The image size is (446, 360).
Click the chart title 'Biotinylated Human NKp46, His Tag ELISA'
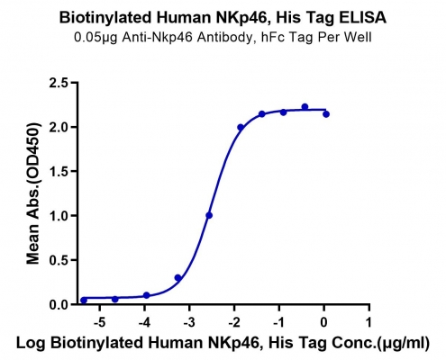(223, 18)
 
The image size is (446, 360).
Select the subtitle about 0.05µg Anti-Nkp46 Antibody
(223, 38)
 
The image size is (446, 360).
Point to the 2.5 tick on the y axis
(59, 83)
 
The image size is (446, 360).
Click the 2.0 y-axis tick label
(59, 127)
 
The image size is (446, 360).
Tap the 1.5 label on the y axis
(59, 171)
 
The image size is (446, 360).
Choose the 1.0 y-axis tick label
(59, 216)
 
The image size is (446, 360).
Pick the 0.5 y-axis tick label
(59, 260)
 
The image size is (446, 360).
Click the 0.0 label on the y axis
(59, 304)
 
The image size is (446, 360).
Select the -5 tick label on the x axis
(99, 322)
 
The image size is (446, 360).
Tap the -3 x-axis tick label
(189, 322)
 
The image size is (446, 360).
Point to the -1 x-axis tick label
(278, 322)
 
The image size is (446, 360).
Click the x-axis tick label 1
(369, 322)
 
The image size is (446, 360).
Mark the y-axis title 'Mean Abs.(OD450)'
(33, 193)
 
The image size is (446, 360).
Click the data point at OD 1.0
(209, 215)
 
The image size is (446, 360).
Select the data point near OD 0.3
(177, 278)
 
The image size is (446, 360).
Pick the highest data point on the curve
(305, 107)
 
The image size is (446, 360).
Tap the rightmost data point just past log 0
(326, 114)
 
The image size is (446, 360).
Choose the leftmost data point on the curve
(84, 301)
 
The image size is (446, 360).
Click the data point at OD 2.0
(241, 127)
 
